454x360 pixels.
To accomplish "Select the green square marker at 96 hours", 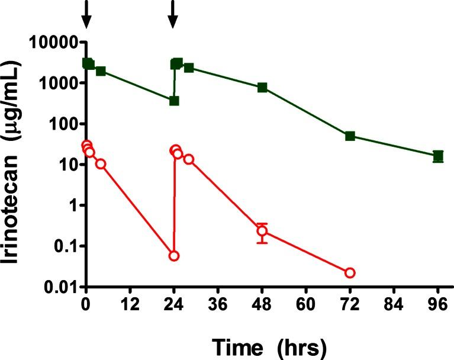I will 438,156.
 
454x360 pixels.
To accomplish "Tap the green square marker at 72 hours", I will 350,136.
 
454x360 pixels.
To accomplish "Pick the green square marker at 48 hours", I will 262,88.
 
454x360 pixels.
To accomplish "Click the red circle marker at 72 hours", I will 350,272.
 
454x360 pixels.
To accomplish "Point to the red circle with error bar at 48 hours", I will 262,231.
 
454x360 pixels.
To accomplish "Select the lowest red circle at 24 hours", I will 174,256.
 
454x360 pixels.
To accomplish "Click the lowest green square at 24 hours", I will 174,101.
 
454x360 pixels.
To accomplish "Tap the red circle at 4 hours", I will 101,163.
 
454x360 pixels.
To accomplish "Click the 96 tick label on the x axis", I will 437,308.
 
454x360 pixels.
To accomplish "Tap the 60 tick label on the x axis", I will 306,308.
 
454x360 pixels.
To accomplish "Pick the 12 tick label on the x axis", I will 130,308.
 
